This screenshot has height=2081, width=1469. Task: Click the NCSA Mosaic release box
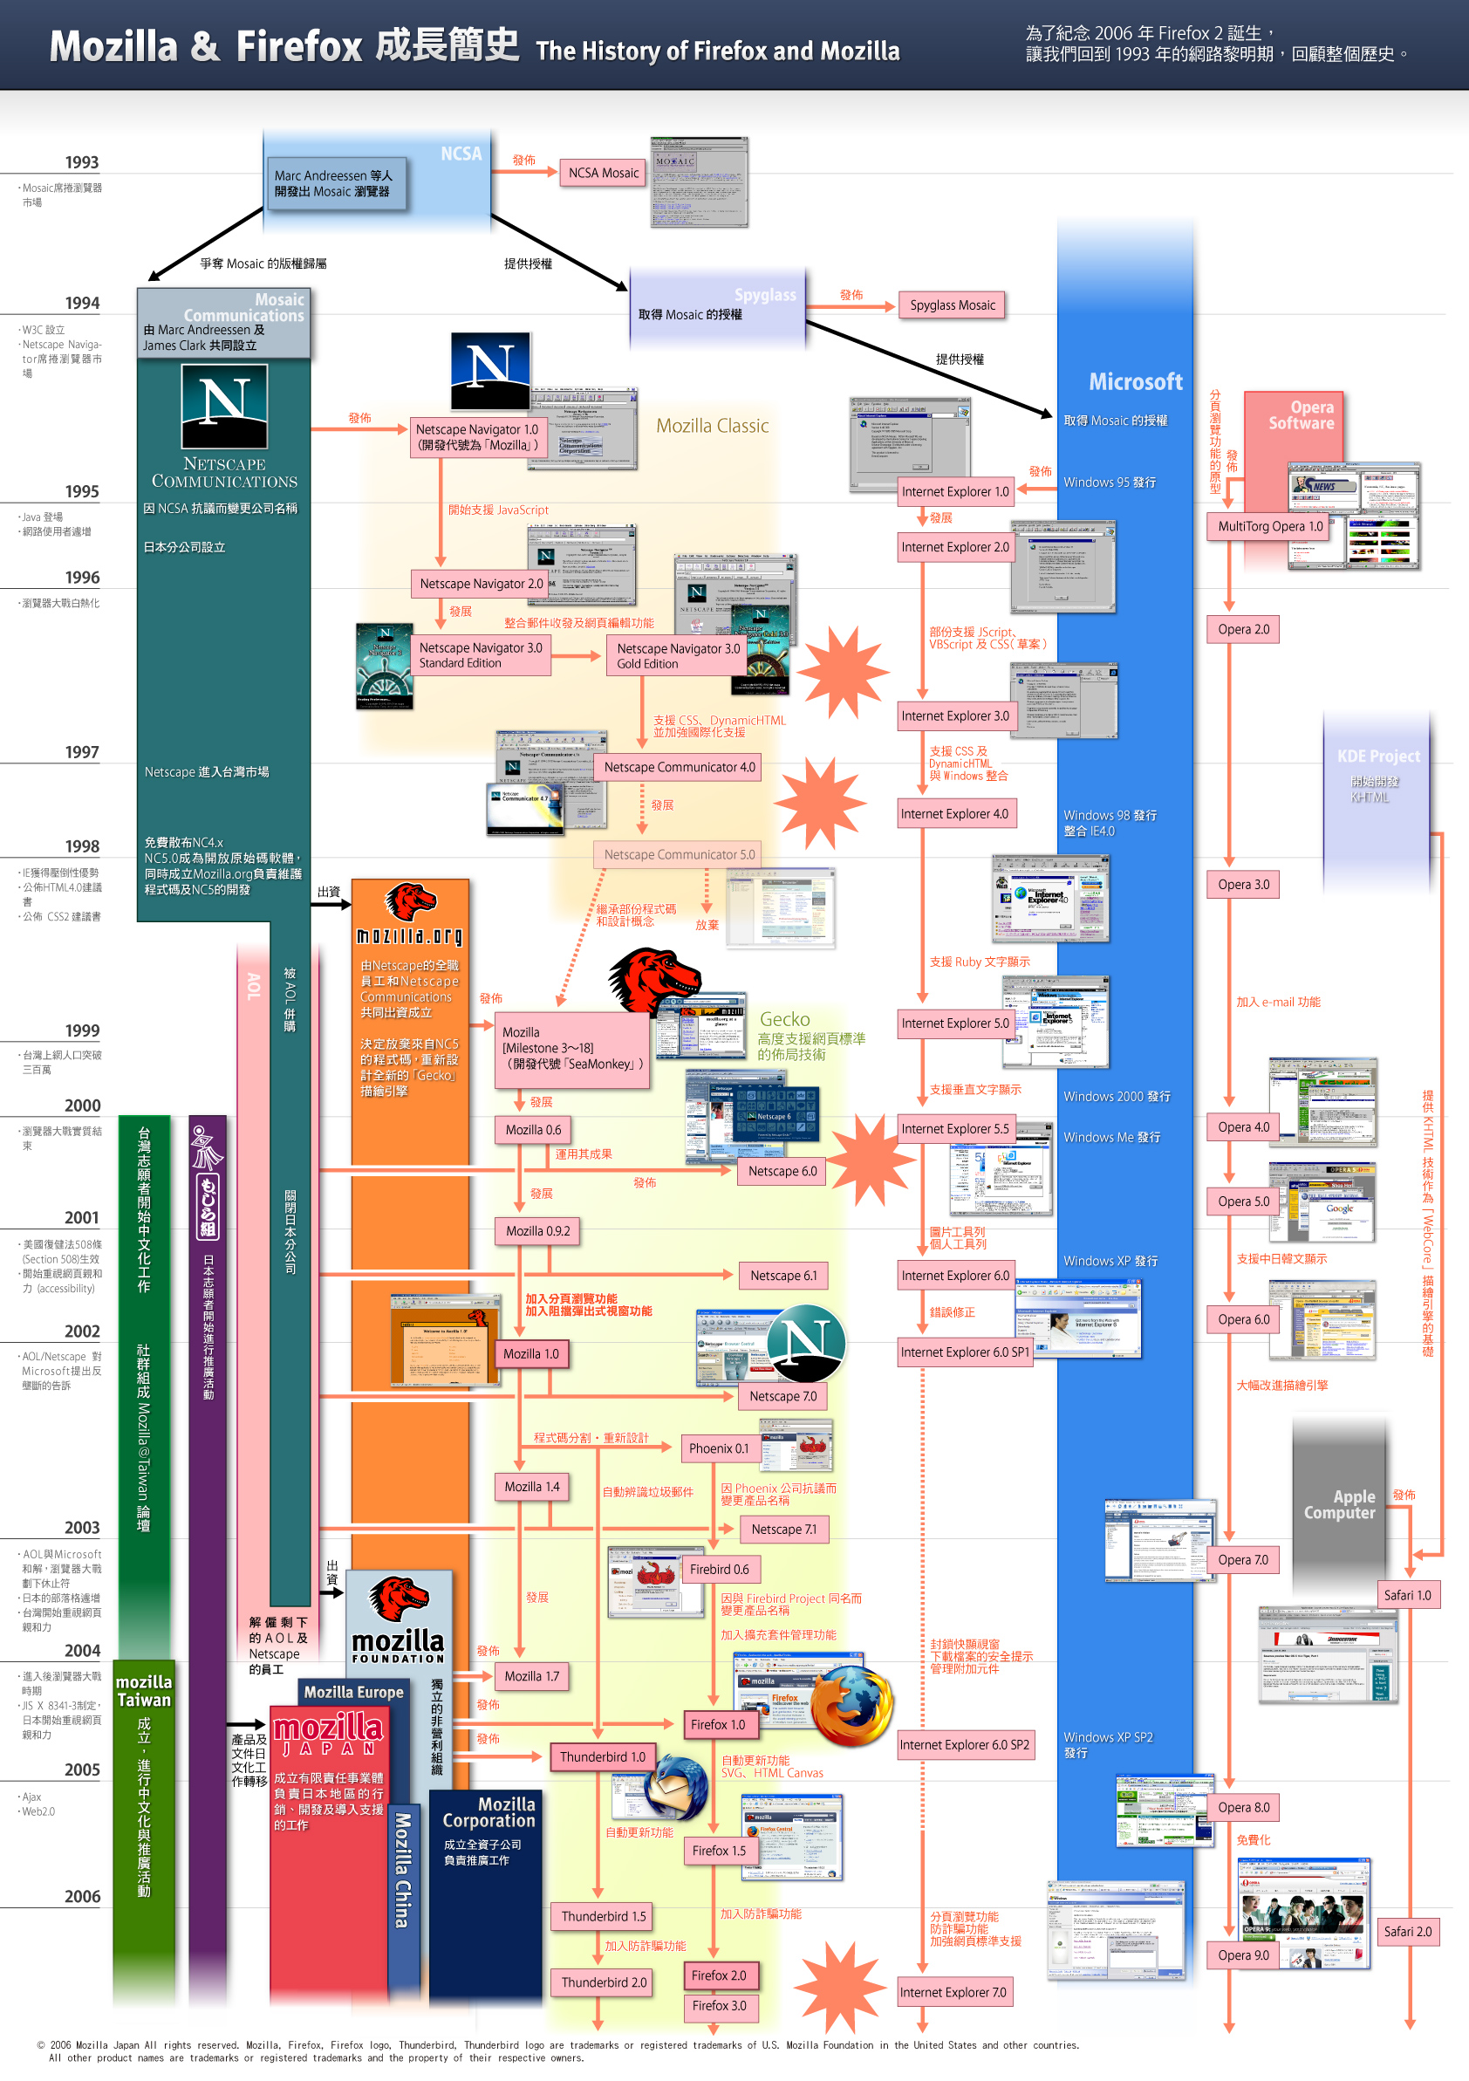603,173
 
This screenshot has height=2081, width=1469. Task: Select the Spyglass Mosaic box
952,305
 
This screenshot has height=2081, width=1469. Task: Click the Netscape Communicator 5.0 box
679,855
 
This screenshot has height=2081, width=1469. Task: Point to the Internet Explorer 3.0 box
954,716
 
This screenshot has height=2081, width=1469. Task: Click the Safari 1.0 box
1406,1595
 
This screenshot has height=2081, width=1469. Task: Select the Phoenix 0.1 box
719,1448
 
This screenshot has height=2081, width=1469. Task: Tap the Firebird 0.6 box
719,1569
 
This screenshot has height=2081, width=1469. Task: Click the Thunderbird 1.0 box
603,1756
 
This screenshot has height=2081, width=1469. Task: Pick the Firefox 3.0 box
719,2006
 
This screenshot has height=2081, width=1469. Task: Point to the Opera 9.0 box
1242,1955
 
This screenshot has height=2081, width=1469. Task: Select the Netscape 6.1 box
783,1276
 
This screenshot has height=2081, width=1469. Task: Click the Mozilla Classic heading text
712,426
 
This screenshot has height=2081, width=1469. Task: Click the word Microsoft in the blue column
1135,382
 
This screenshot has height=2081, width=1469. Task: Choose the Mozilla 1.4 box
532,1487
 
